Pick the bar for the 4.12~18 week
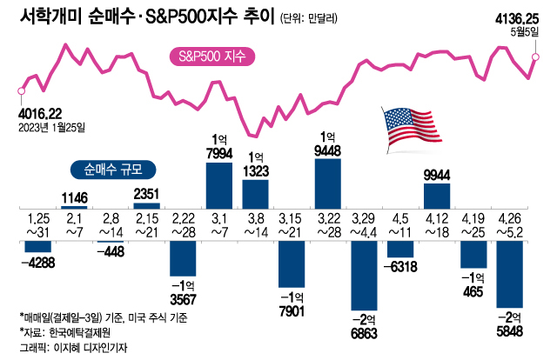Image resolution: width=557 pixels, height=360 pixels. (437, 195)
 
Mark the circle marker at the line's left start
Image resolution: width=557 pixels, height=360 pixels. (21, 89)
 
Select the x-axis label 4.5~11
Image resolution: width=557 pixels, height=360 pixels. (402, 224)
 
